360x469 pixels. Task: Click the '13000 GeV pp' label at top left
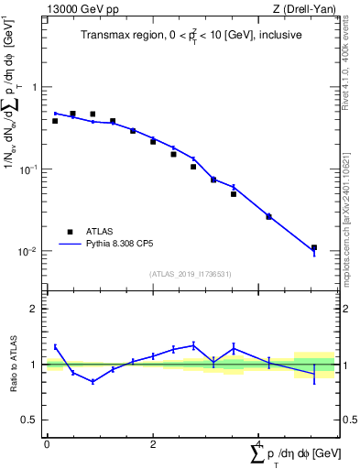pyautogui.click(x=79, y=9)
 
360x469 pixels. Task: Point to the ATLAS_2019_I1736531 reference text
pyautogui.click(x=191, y=274)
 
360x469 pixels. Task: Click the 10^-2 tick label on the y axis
pyautogui.click(x=30, y=252)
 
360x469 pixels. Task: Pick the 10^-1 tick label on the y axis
pyautogui.click(x=30, y=169)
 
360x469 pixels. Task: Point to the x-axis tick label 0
pyautogui.click(x=47, y=444)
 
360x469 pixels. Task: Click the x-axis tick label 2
pyautogui.click(x=153, y=444)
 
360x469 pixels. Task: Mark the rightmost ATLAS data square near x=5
pyautogui.click(x=314, y=247)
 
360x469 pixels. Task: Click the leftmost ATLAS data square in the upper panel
pyautogui.click(x=55, y=121)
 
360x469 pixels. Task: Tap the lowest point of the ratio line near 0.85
pyautogui.click(x=93, y=382)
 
